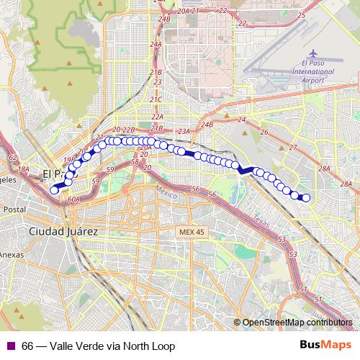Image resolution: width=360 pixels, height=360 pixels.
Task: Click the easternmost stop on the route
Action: pyautogui.click(x=305, y=197)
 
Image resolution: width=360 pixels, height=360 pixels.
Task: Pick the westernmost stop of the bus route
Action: pyautogui.click(x=54, y=190)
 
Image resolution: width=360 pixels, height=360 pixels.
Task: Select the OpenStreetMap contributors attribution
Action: pyautogui.click(x=299, y=323)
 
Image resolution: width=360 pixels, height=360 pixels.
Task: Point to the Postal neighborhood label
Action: pyautogui.click(x=14, y=209)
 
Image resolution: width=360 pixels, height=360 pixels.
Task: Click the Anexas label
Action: pyautogui.click(x=12, y=254)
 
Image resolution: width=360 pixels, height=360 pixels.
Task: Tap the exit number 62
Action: pyautogui.click(x=12, y=156)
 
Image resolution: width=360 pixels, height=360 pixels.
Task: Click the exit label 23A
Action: pyautogui.click(x=183, y=131)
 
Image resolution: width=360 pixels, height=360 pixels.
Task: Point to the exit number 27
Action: pyautogui.click(x=292, y=147)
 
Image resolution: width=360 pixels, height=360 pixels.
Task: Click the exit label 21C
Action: pyautogui.click(x=156, y=99)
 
